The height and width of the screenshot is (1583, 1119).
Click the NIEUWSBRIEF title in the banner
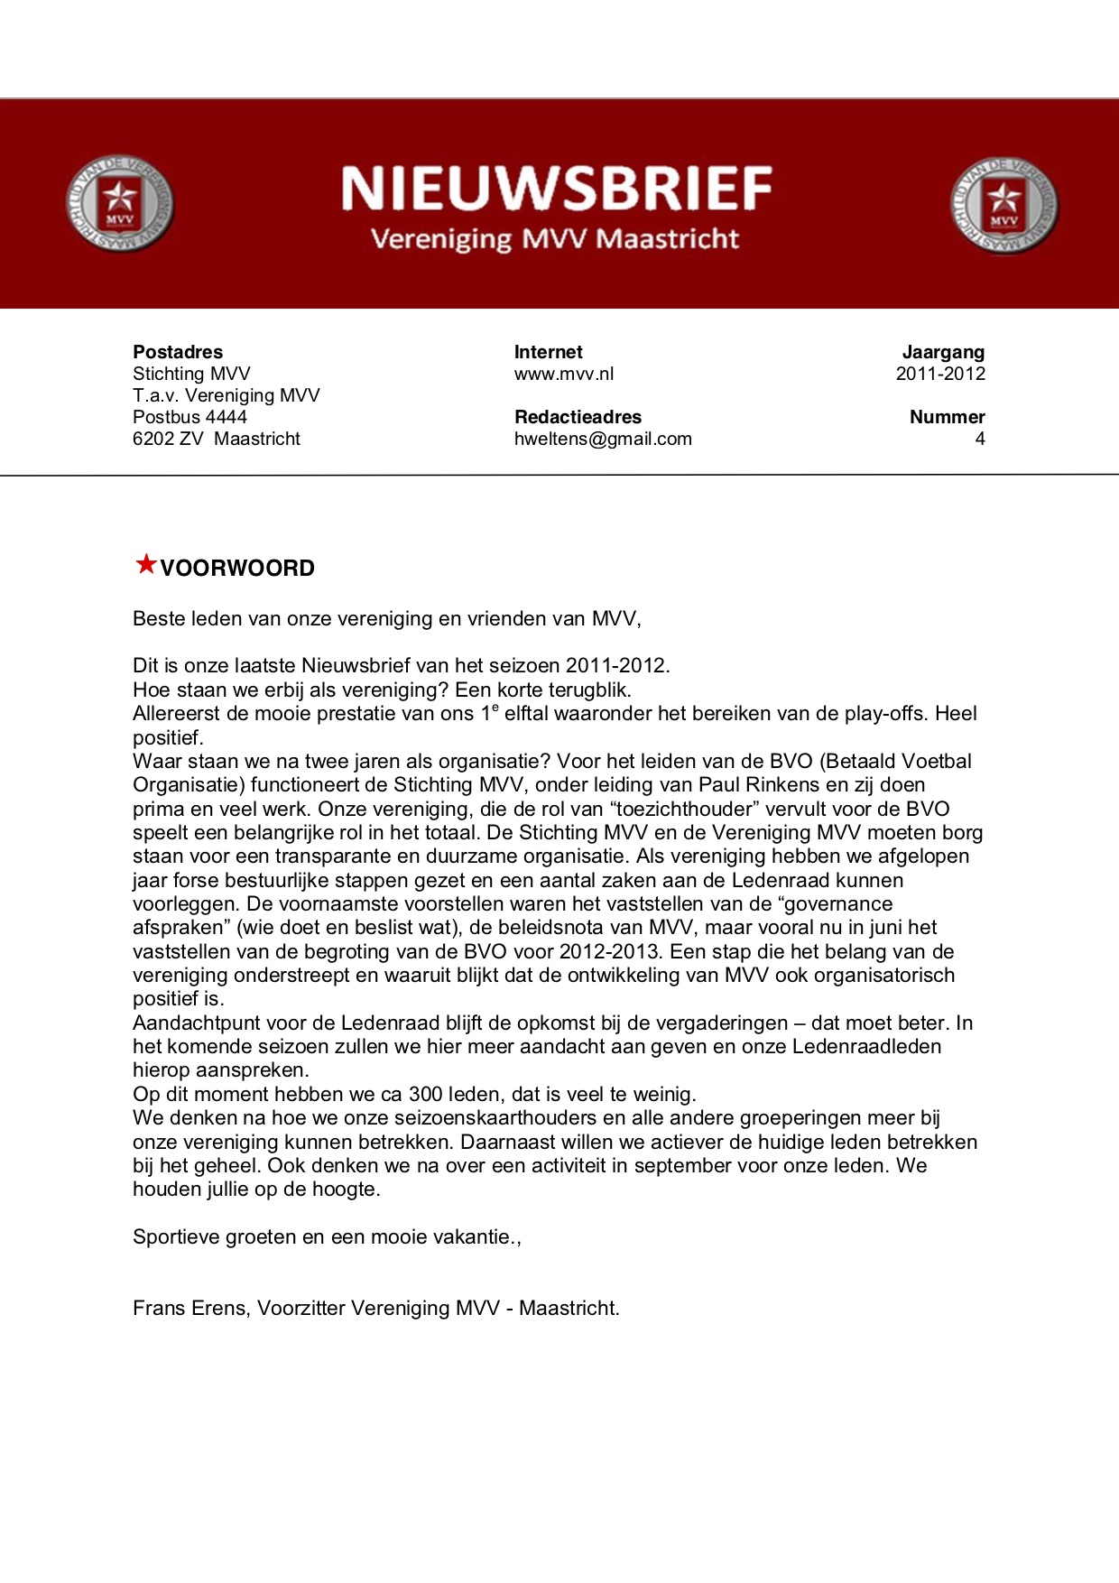pos(556,189)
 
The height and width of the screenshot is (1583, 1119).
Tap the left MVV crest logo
pos(119,204)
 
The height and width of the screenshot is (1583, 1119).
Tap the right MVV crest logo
pos(1003,205)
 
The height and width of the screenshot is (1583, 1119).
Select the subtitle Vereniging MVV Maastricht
pos(555,239)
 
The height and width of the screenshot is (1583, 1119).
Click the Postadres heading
pos(178,352)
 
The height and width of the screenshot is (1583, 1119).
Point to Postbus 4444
pos(190,417)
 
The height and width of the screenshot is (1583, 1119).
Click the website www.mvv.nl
pos(564,374)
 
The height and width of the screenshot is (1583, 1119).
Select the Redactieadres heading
pos(578,417)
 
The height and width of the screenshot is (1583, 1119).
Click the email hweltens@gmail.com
pos(603,439)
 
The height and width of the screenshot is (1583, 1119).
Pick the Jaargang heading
pos(943,352)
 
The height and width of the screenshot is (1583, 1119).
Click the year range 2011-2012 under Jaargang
pos(940,374)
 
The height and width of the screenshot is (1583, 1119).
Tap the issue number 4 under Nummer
pos(980,439)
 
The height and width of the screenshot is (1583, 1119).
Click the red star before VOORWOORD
pos(145,565)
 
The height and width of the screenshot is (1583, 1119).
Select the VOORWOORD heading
pos(237,569)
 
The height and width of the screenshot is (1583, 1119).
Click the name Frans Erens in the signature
pos(190,1309)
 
